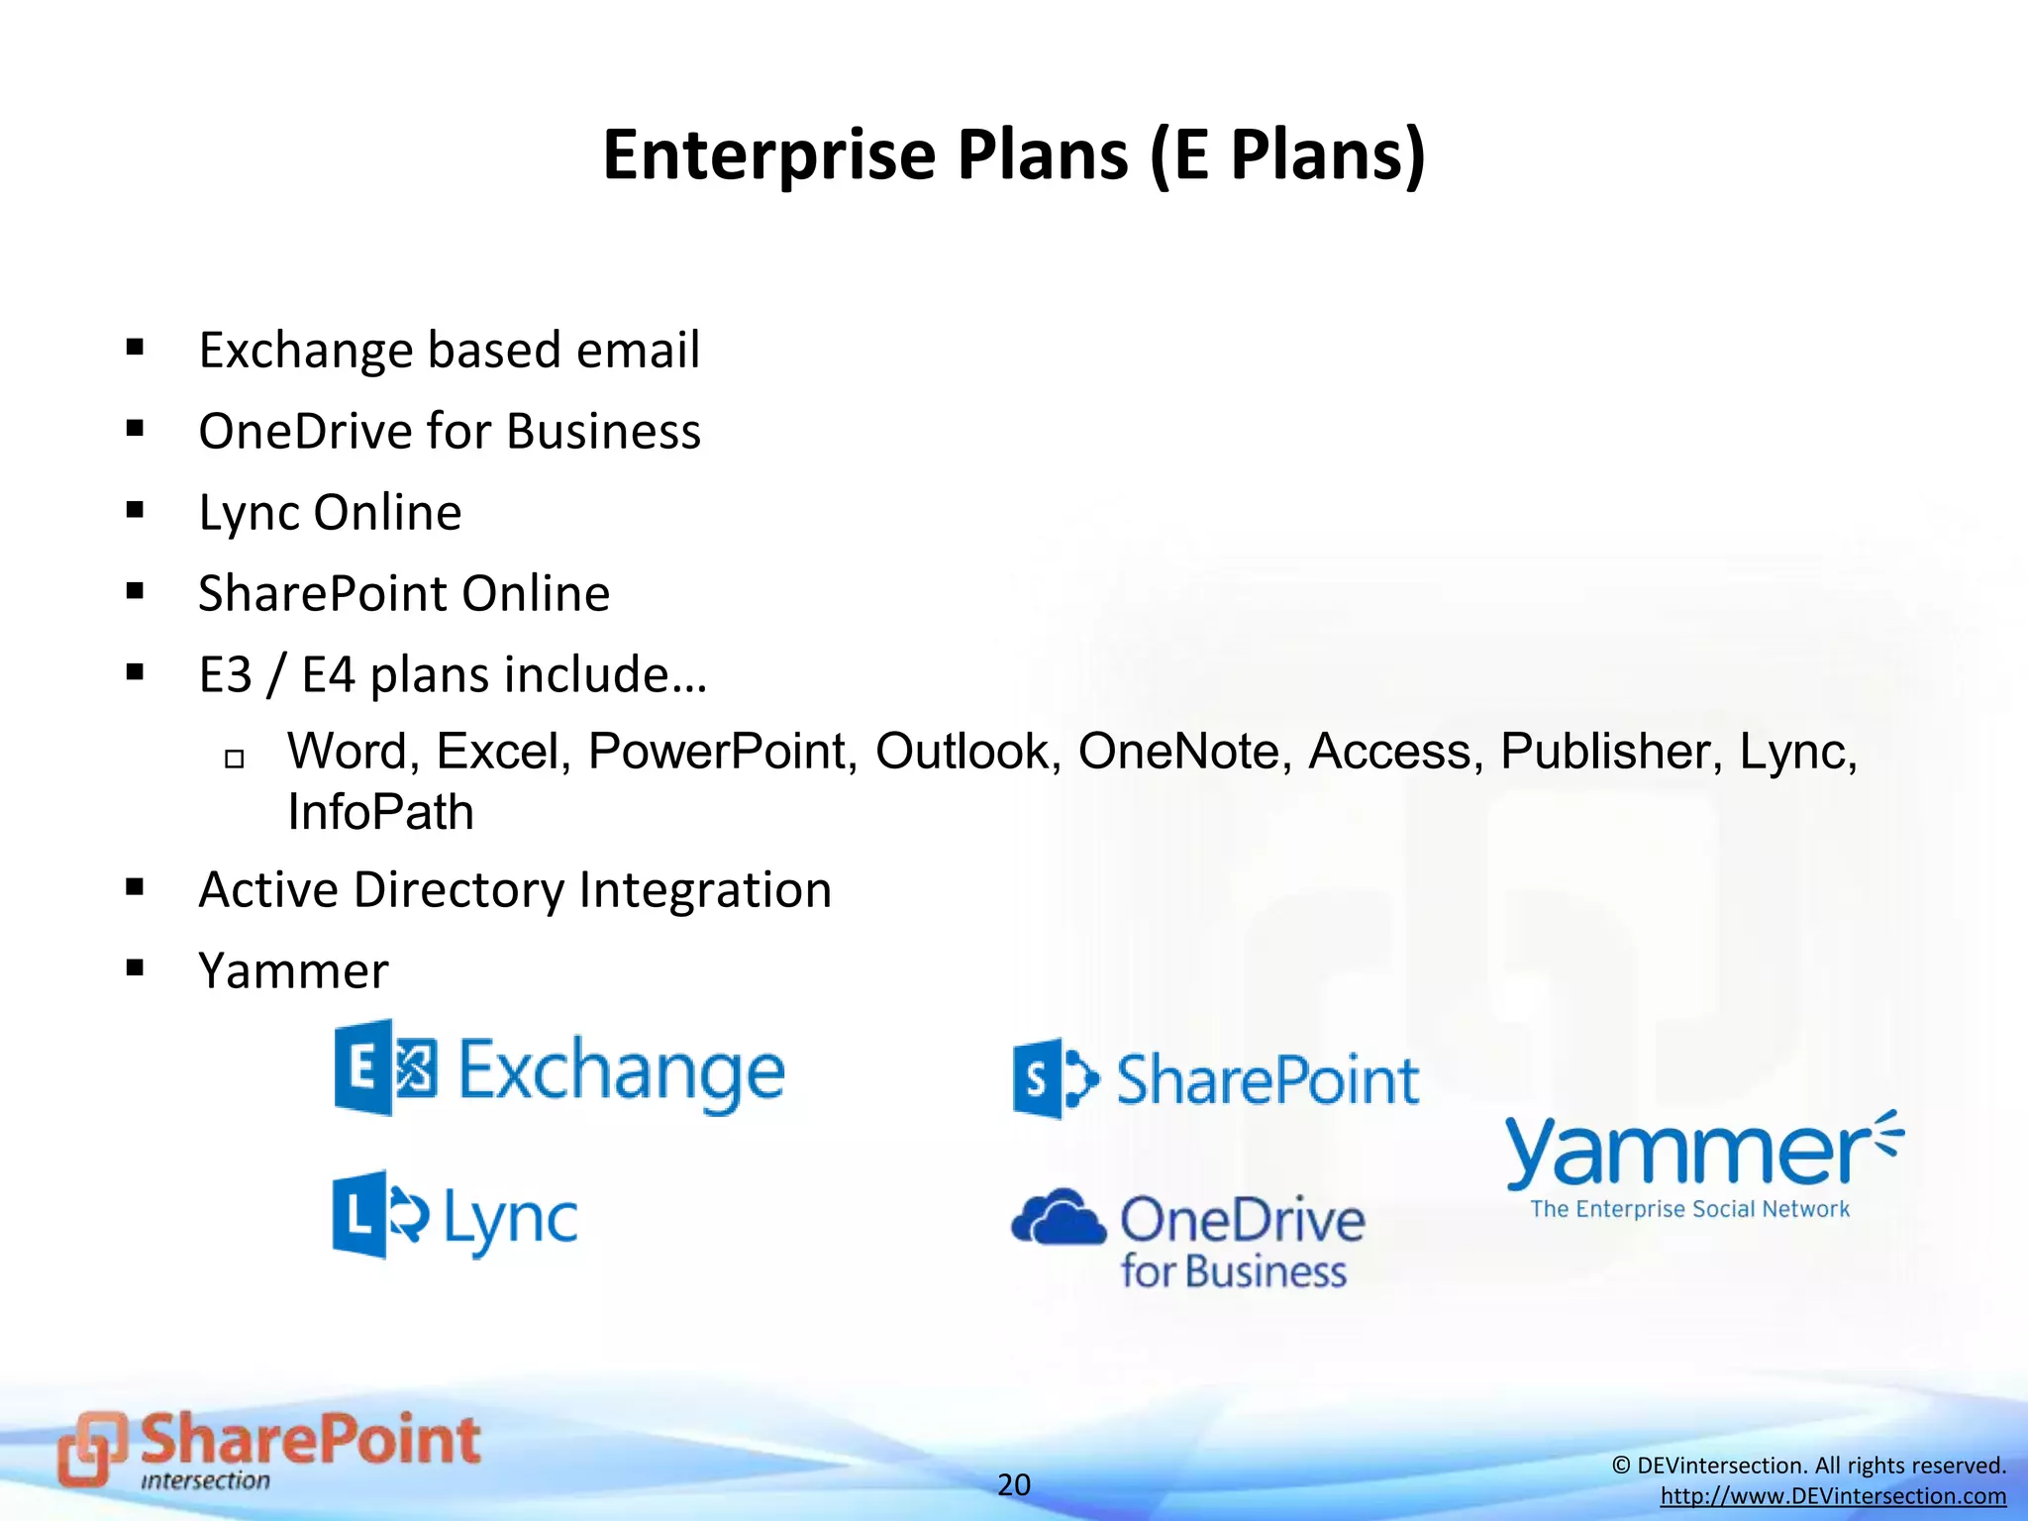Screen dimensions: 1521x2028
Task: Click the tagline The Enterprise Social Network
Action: coord(1689,1209)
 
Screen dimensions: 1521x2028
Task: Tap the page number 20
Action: coord(1013,1484)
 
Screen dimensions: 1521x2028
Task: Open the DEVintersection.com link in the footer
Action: coord(1833,1496)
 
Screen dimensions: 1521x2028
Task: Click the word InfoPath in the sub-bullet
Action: coord(380,813)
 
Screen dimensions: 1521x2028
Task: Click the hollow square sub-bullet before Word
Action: coord(235,760)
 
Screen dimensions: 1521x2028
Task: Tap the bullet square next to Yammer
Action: coord(136,967)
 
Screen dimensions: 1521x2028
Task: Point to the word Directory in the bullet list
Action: coord(460,889)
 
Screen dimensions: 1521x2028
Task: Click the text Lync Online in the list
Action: coord(330,513)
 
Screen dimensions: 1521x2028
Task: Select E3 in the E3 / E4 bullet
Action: coord(225,675)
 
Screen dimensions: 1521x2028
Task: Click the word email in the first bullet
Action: coord(638,351)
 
